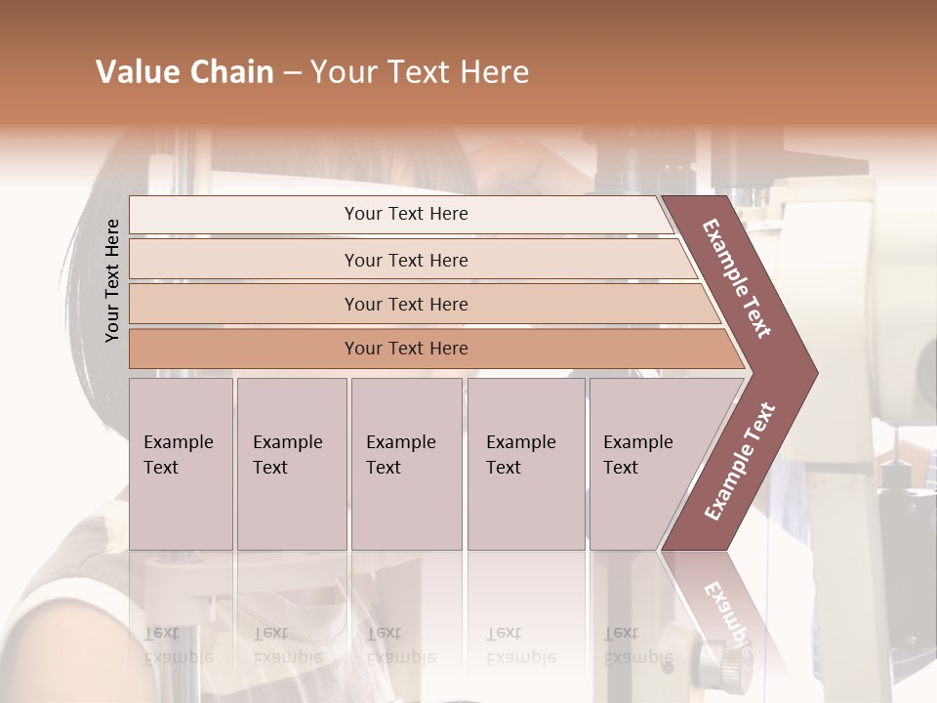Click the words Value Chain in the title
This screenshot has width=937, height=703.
pos(184,72)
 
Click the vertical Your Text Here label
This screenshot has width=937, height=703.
pos(112,280)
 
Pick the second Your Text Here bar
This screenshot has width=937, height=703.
pos(406,260)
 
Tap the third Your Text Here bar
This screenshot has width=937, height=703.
pos(406,304)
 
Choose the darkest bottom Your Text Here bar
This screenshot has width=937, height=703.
pos(406,349)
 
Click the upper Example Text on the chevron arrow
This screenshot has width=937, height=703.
pos(738,278)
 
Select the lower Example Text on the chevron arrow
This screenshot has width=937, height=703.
pos(740,461)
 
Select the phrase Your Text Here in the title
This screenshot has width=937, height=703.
pos(420,72)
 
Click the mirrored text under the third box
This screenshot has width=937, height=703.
pos(400,645)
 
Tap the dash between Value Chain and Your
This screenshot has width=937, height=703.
pos(292,73)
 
